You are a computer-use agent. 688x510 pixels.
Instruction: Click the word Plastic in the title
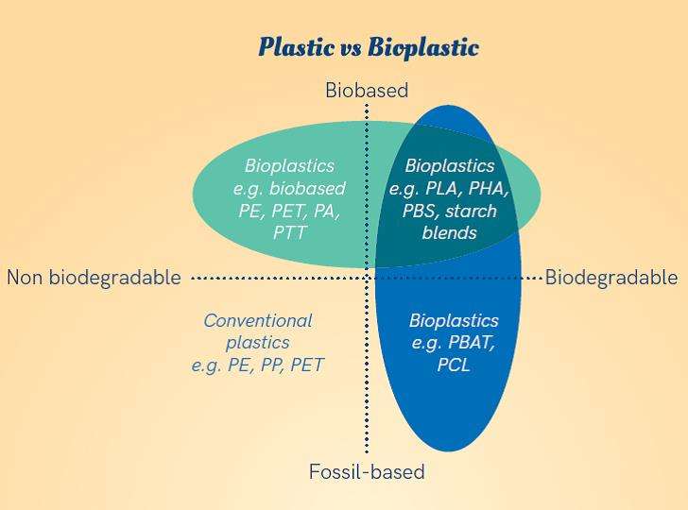click(x=296, y=46)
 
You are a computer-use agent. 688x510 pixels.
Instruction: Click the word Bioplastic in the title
click(x=423, y=47)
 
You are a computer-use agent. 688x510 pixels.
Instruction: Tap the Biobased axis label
click(x=367, y=90)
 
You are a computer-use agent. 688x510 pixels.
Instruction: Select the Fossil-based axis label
click(x=367, y=472)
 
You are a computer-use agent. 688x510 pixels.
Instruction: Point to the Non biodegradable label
click(x=94, y=278)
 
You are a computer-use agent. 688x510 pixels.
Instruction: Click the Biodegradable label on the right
click(x=611, y=278)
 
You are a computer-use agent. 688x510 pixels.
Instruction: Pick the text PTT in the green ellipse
click(x=289, y=232)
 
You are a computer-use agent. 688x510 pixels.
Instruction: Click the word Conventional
click(x=258, y=320)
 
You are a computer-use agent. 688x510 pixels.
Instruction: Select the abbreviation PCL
click(x=454, y=365)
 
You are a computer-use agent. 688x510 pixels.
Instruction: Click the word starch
click(x=472, y=211)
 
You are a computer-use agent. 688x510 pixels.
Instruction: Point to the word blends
click(x=449, y=232)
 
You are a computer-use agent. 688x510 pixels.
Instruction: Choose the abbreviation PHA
click(x=489, y=189)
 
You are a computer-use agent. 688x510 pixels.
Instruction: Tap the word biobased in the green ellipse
click(x=307, y=188)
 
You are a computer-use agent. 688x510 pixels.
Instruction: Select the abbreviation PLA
click(x=444, y=189)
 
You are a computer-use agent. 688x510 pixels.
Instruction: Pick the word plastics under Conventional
click(x=258, y=343)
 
